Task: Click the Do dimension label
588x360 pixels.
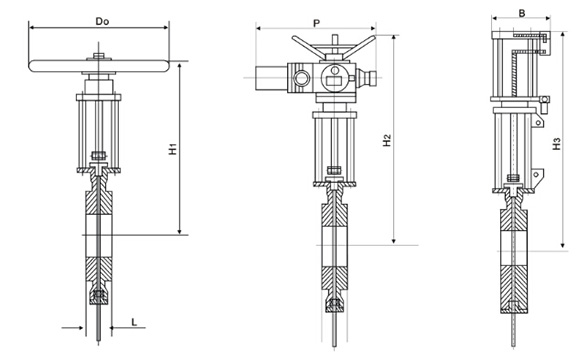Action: click(102, 21)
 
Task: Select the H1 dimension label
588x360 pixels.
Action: click(172, 149)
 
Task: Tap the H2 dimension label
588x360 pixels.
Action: click(387, 140)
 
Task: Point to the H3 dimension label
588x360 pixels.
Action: click(557, 144)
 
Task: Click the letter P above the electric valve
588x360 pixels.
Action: click(317, 23)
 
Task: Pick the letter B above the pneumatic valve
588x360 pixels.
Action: click(522, 13)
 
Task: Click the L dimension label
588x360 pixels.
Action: click(134, 322)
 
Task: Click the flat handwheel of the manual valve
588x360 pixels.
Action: click(99, 66)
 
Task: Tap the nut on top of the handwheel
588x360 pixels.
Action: click(99, 56)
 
